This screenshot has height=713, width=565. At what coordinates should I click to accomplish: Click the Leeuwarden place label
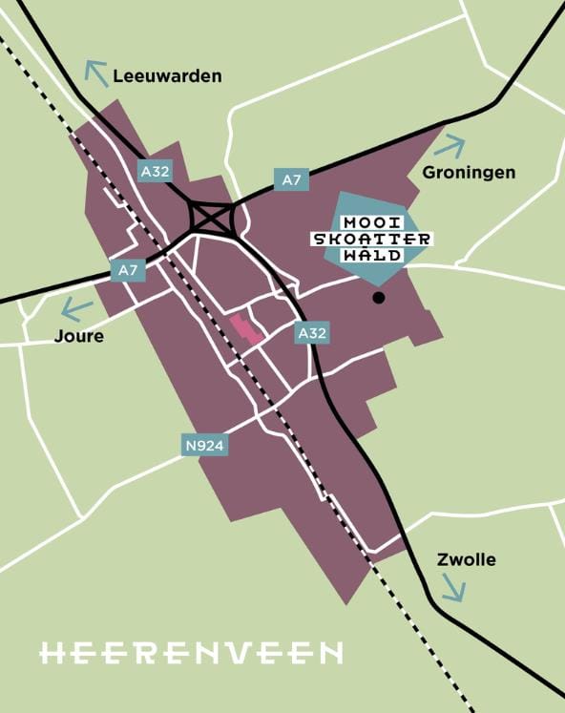point(167,76)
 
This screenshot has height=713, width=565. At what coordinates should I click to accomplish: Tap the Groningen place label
point(468,173)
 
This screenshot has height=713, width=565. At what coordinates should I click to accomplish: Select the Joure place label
point(79,336)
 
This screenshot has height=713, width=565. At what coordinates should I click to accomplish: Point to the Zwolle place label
point(465,559)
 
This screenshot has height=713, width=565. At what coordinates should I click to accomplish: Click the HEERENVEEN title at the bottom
point(191,653)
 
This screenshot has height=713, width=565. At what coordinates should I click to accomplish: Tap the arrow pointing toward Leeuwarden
point(96,72)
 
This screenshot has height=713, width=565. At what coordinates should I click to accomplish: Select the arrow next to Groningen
point(450,146)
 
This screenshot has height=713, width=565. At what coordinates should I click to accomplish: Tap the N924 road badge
point(204,445)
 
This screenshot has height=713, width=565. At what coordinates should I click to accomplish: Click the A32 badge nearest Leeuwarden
point(155,172)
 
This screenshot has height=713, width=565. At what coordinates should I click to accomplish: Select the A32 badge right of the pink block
point(312,333)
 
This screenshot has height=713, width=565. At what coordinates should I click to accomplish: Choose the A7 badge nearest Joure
point(128,271)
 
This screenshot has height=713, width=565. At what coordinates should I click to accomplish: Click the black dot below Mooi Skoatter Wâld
point(379,298)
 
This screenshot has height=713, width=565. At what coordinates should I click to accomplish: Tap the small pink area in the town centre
point(246,329)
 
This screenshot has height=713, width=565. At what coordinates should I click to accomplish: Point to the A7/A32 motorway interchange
point(212,219)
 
